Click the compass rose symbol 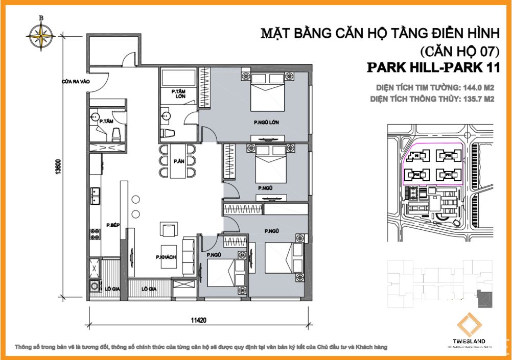(x=40, y=35)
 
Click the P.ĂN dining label (x=178, y=161)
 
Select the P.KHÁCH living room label (x=167, y=257)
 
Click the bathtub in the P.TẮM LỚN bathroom (x=178, y=79)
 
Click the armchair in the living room (x=169, y=230)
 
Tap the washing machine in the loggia (x=95, y=286)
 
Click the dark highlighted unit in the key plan (x=482, y=298)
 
